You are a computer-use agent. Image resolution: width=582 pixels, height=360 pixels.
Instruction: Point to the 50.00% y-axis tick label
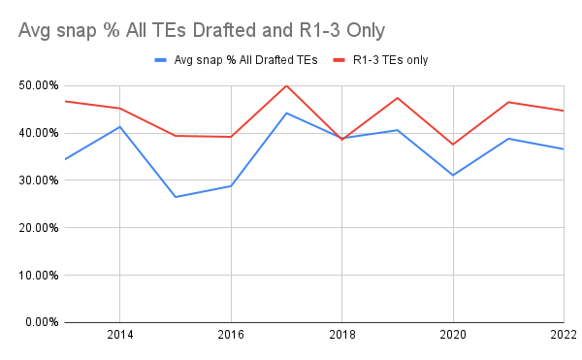point(35,85)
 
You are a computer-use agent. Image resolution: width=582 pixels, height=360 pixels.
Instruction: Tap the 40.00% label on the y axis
point(35,133)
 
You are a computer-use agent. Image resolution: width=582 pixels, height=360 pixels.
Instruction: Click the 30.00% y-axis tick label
point(35,180)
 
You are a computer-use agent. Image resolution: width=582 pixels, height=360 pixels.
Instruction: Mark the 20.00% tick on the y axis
point(35,228)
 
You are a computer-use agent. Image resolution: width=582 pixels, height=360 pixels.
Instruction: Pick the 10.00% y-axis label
point(35,275)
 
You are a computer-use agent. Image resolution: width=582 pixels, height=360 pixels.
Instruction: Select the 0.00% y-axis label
point(38,322)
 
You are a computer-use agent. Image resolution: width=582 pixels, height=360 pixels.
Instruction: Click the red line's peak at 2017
point(286,85)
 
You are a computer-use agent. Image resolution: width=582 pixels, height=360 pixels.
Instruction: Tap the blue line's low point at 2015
point(176,197)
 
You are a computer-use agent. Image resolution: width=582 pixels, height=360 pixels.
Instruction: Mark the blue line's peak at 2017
point(286,113)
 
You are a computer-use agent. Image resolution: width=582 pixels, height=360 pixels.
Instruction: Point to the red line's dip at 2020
point(453,145)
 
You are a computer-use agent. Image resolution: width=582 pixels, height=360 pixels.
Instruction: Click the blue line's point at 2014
point(119,126)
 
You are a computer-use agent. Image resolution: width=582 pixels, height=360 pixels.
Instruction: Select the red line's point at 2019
point(398,98)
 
